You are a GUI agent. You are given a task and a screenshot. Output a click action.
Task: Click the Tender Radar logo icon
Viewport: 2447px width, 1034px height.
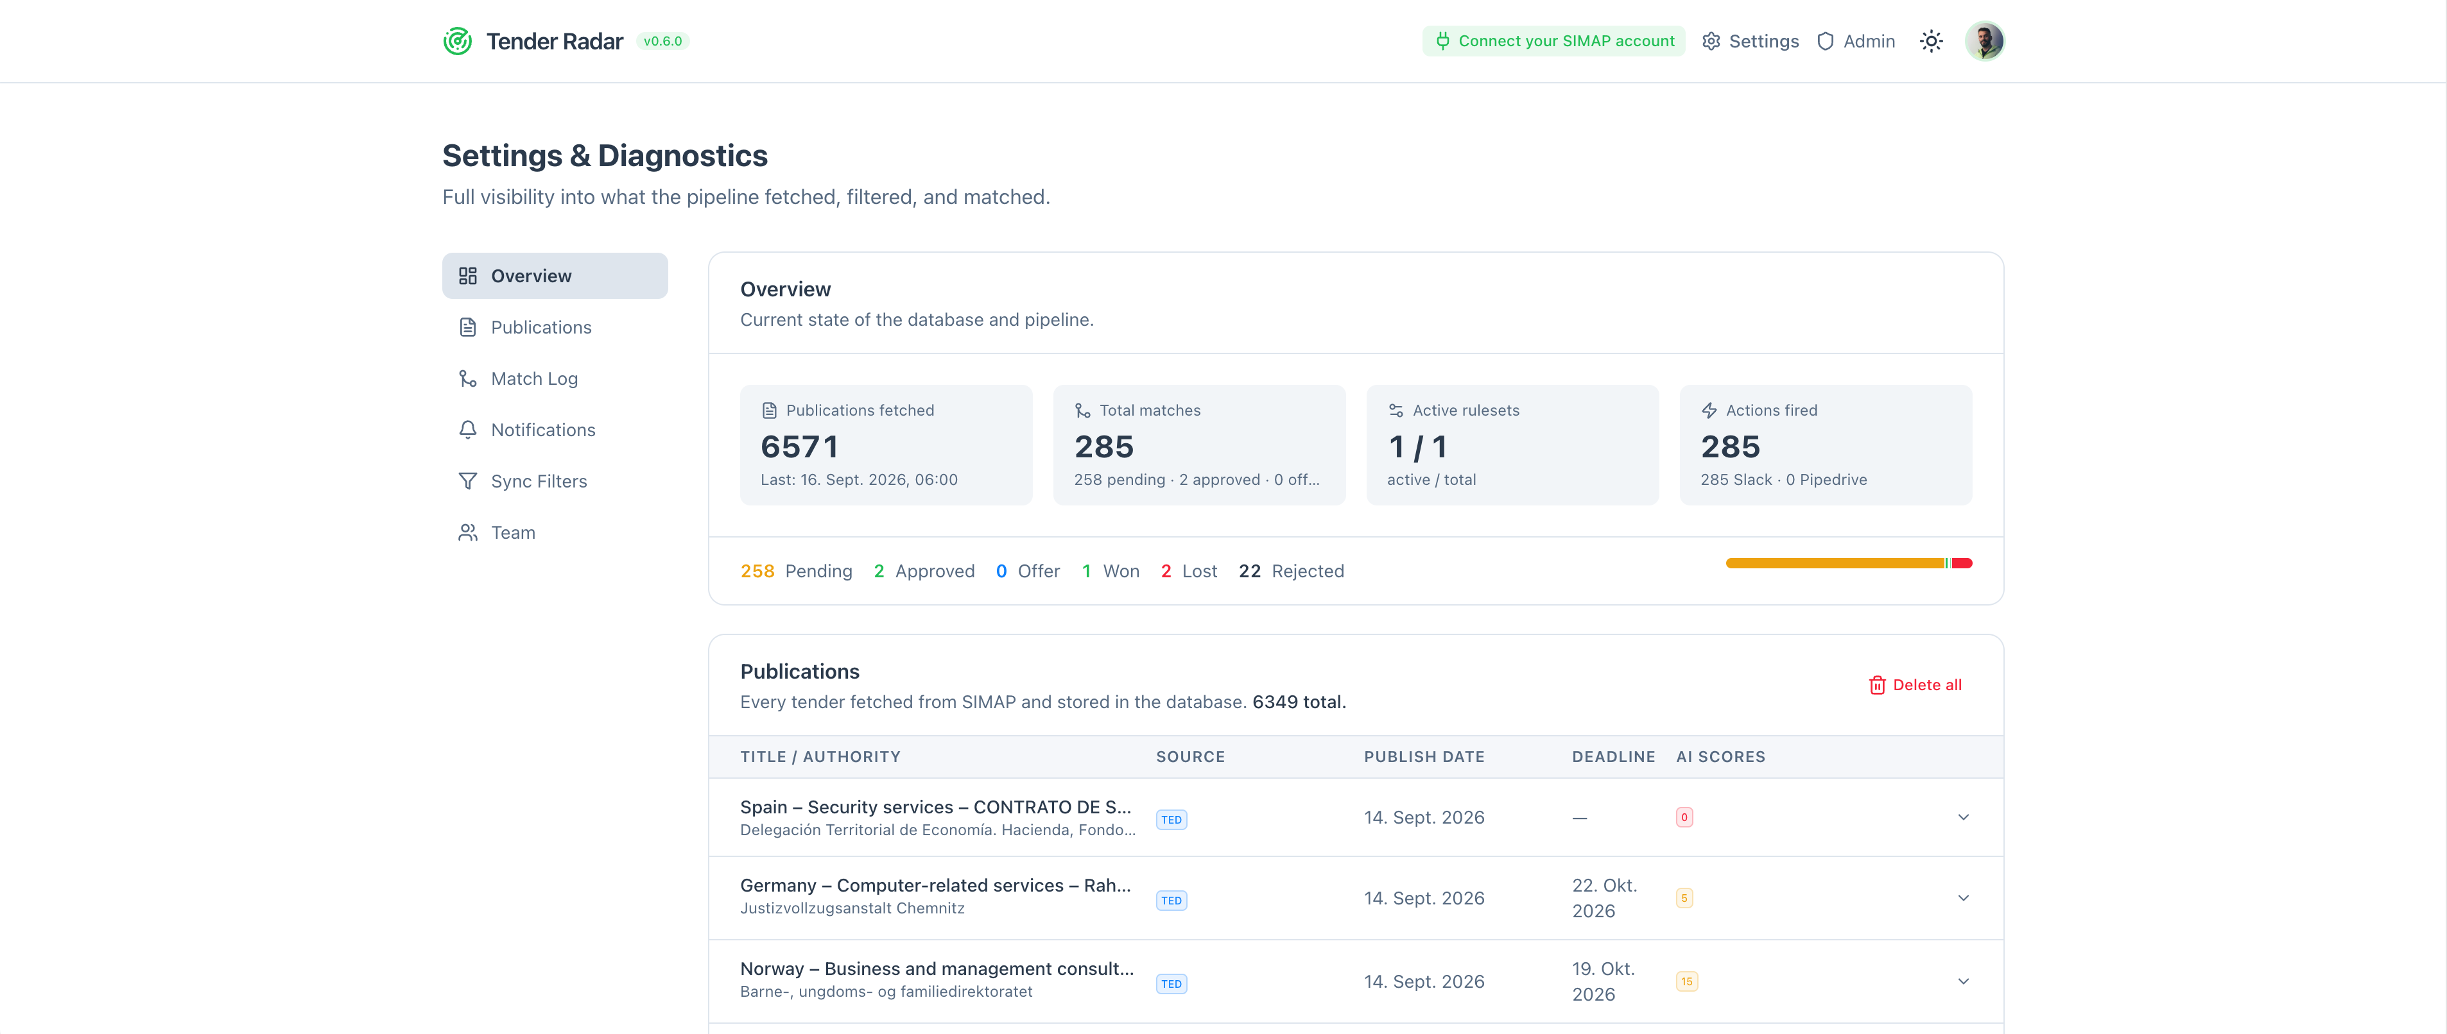[458, 41]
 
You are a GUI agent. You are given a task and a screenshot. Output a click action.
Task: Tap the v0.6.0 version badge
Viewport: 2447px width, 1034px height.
[662, 41]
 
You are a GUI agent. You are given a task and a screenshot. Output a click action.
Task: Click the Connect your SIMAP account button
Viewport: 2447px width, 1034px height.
[1554, 41]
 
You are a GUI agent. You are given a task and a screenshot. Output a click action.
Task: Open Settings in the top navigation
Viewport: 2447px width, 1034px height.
[1751, 41]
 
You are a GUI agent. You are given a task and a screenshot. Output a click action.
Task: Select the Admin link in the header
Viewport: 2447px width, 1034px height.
[1856, 41]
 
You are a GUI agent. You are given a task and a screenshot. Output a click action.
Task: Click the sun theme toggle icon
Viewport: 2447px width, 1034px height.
[1931, 41]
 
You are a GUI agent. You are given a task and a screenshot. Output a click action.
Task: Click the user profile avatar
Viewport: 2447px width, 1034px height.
[1984, 41]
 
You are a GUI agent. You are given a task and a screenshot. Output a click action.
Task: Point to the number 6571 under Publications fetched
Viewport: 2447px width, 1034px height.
[800, 446]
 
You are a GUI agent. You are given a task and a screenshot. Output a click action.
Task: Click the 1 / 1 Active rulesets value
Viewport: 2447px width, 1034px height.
[1417, 446]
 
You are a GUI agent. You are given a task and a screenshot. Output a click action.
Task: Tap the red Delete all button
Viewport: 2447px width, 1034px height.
[1915, 684]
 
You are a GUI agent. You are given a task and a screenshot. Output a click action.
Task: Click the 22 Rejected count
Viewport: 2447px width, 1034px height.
[1291, 571]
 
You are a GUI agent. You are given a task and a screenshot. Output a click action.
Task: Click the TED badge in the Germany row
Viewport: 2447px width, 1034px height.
[1172, 900]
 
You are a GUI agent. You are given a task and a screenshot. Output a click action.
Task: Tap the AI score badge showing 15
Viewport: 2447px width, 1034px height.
[1686, 981]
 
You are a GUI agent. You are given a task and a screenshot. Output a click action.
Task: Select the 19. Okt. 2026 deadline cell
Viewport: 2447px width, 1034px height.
[1604, 981]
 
